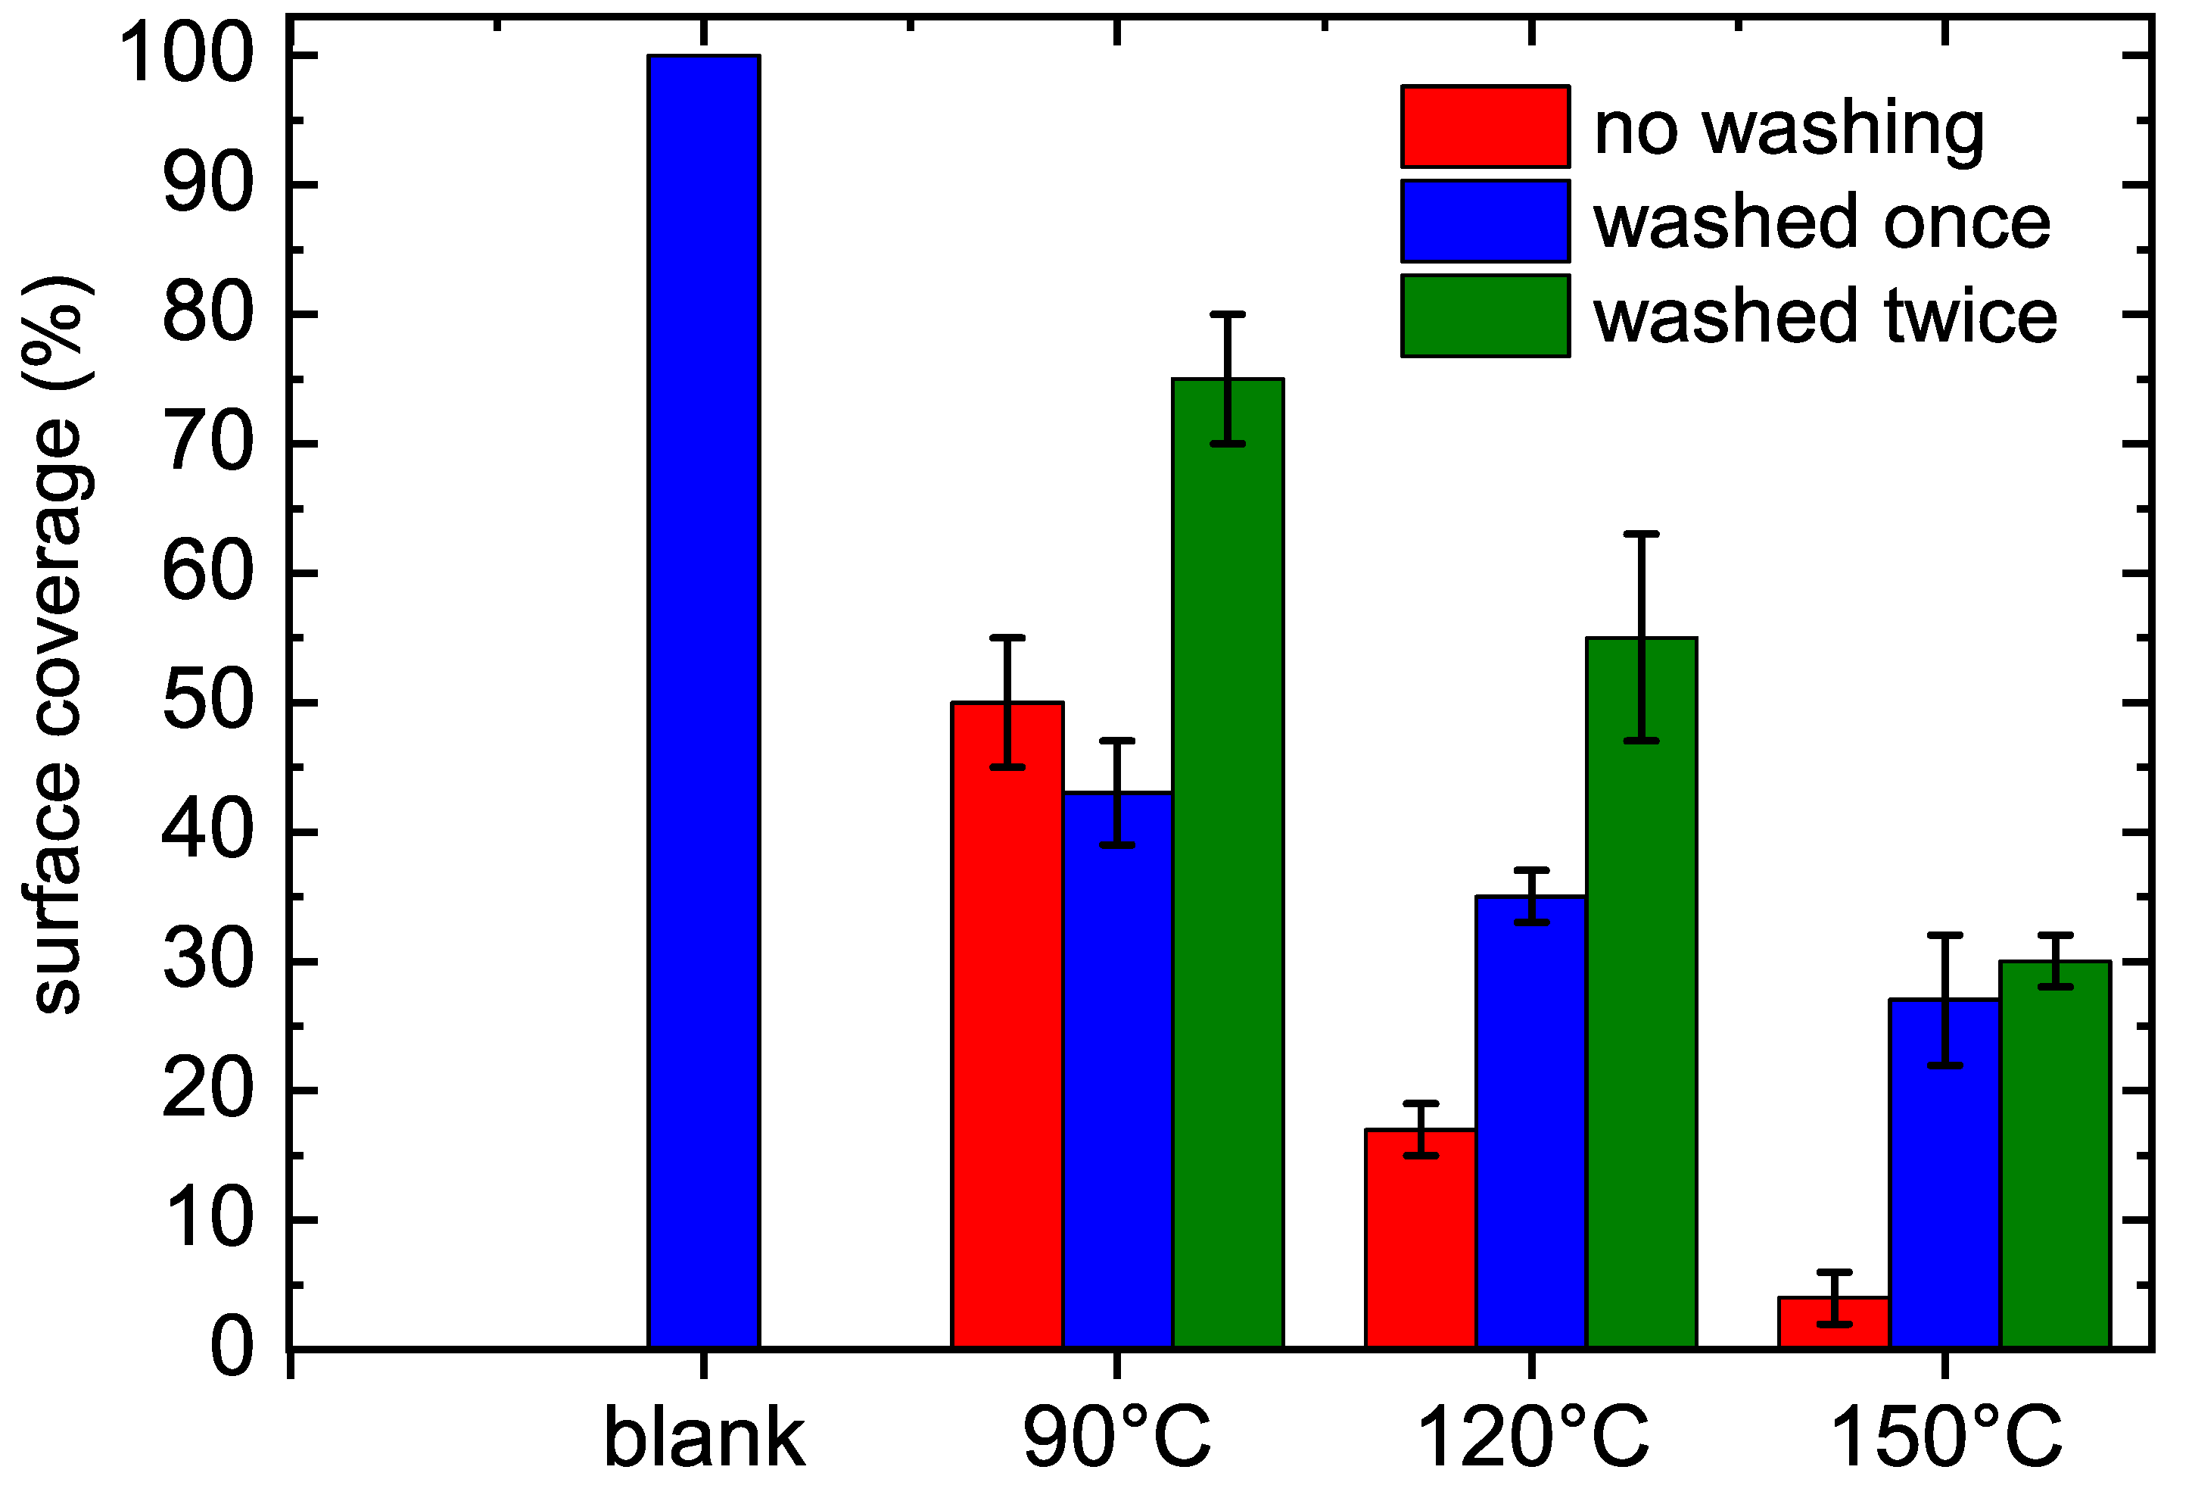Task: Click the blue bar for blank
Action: (704, 703)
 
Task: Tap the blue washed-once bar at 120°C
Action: (1530, 1122)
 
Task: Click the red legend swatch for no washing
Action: (1486, 126)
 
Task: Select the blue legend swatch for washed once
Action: (1486, 221)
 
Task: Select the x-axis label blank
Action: (704, 1438)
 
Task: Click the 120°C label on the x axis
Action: (1533, 1438)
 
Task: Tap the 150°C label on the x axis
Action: (1946, 1438)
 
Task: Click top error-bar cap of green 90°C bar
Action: (1227, 314)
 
